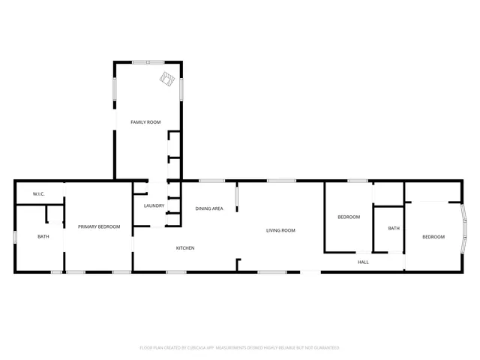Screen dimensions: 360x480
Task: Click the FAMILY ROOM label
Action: (x=145, y=121)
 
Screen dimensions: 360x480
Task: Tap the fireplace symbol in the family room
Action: (x=166, y=79)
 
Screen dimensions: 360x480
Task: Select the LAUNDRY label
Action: (x=154, y=205)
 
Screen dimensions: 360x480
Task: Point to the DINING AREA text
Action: (x=209, y=208)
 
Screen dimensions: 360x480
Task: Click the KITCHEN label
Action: (x=185, y=248)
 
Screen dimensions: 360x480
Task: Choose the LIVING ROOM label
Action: (x=280, y=230)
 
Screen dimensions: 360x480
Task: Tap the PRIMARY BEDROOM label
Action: (x=99, y=226)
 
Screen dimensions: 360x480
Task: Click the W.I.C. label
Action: (x=39, y=194)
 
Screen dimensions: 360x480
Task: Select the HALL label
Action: (x=363, y=262)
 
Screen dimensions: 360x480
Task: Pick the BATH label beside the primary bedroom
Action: (x=43, y=237)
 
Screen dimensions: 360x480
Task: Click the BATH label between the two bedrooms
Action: (x=394, y=228)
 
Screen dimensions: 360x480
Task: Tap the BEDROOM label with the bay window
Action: (x=433, y=237)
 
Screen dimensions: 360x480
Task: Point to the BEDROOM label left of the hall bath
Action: (x=349, y=217)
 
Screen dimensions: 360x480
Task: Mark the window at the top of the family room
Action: (x=148, y=62)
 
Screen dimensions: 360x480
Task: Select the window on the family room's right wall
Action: (x=181, y=88)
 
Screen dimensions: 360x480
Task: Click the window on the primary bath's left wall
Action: (x=15, y=237)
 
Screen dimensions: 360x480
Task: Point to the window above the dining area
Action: (x=212, y=180)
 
